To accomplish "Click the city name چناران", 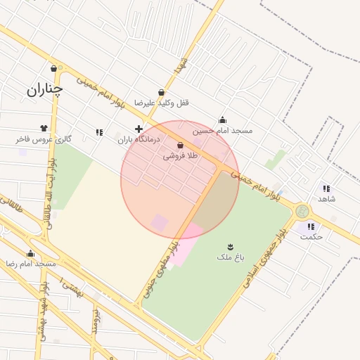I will pos(44,90).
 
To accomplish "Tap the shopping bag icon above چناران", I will pos(54,69).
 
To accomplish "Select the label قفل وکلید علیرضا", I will pos(162,103).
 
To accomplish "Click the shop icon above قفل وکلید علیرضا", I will pos(162,92).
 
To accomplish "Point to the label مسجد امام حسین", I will pos(222,130).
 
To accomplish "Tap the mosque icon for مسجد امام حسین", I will pos(223,120).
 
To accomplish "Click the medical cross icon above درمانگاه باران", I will pos(139,129).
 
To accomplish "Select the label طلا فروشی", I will pos(181,155).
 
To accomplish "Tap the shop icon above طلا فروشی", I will pos(181,145).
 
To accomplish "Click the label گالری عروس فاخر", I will pos(44,139).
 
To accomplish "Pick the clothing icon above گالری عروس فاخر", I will pos(44,129).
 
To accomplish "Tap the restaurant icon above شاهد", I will pos(326,188).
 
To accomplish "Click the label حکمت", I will pos(311,237).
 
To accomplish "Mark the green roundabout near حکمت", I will pos(302,211).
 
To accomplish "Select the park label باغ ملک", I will pos(230,258).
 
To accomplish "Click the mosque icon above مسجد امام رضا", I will pos(30,254).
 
